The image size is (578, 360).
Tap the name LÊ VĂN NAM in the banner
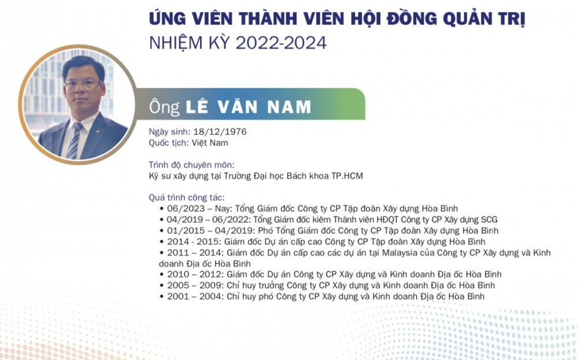(248, 107)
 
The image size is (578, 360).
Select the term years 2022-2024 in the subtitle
(281, 43)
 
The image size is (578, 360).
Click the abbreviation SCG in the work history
(488, 220)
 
